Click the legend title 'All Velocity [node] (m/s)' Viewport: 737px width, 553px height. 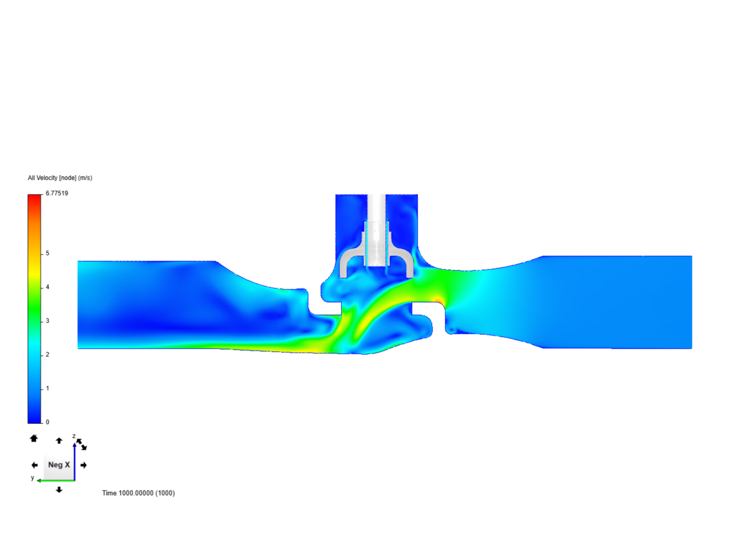tap(60, 178)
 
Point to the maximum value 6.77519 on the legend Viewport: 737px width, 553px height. tap(56, 193)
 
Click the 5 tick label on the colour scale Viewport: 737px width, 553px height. tap(48, 253)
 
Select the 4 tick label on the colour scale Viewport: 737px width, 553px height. tap(48, 287)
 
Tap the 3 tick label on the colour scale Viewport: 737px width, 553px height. tap(48, 321)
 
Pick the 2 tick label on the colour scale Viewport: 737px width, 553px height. tap(48, 354)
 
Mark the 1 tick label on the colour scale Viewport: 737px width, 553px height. tap(48, 388)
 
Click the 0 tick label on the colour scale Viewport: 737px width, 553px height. tap(48, 422)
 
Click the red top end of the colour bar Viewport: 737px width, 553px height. tap(34, 197)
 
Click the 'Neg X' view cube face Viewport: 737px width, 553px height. tap(58, 465)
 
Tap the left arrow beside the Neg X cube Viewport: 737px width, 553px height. tap(34, 465)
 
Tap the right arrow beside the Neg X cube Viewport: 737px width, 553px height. tap(83, 465)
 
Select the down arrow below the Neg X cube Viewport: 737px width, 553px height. tap(59, 490)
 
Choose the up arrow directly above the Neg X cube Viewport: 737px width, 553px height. tap(59, 440)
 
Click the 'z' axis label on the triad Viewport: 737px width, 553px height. tap(74, 436)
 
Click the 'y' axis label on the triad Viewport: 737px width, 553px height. tap(32, 478)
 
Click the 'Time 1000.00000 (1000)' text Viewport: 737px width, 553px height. tap(138, 493)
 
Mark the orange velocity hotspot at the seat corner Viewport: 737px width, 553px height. tap(438, 300)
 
